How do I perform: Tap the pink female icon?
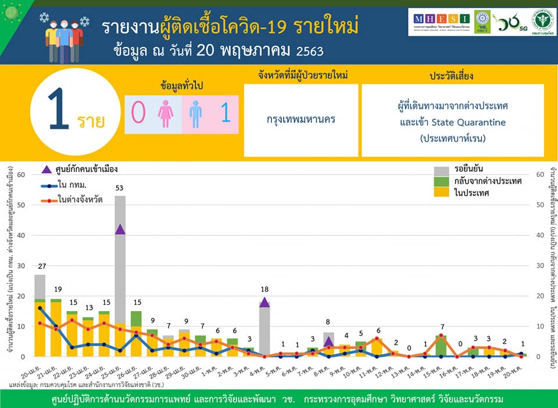[166, 114]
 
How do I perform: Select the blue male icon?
[195, 114]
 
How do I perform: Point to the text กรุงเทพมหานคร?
[301, 120]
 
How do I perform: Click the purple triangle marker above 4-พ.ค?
[264, 302]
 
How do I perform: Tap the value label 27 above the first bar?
[40, 266]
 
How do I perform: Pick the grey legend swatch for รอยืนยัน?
[442, 170]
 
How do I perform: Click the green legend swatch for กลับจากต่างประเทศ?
[442, 181]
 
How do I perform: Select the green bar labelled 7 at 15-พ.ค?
[441, 346]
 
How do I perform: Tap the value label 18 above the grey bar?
[264, 290]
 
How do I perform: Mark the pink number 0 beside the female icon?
[138, 114]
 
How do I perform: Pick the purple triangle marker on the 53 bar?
[120, 229]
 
